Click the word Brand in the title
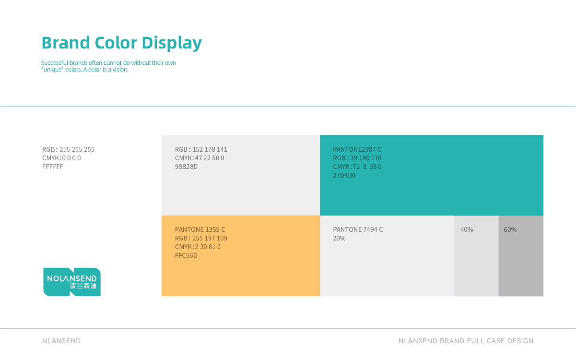[x=66, y=42]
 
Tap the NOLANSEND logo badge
[x=72, y=282]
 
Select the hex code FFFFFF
[x=53, y=167]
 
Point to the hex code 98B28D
[x=186, y=167]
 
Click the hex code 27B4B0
[x=344, y=175]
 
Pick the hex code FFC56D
[x=186, y=255]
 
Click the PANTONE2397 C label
[x=357, y=149]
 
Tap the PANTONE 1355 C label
[x=200, y=229]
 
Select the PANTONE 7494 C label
[x=358, y=229]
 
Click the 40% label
[x=467, y=229]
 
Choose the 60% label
[x=510, y=229]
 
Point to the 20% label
[x=339, y=238]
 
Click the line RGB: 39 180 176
[x=357, y=158]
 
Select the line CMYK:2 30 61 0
[x=198, y=247]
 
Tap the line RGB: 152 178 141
[x=201, y=149]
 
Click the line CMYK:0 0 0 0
[x=61, y=158]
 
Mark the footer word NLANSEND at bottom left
[x=61, y=341]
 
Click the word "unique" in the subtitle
[x=52, y=70]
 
